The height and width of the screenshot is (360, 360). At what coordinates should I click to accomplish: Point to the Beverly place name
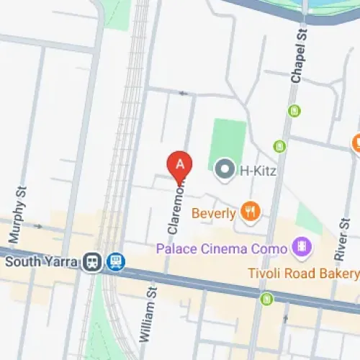(x=214, y=213)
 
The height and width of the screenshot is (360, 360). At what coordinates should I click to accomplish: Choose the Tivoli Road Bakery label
(x=302, y=274)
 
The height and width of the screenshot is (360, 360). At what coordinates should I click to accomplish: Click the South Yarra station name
(x=40, y=261)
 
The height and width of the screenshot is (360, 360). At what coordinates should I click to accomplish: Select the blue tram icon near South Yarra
(x=114, y=262)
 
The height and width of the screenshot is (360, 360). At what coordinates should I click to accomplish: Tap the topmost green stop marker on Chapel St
(x=294, y=110)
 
